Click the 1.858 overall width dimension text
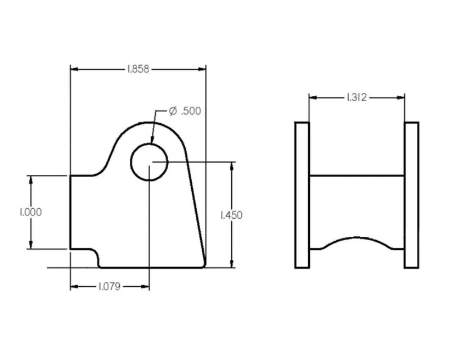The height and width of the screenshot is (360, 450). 138,69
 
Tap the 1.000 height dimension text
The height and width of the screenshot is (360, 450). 31,212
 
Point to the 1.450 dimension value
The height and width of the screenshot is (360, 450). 231,215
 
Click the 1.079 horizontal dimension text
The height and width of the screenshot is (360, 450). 110,286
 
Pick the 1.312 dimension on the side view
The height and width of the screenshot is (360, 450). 356,97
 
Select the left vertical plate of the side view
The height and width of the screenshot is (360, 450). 302,194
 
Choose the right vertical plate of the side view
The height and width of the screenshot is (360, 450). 412,194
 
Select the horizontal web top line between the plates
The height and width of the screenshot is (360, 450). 357,176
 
